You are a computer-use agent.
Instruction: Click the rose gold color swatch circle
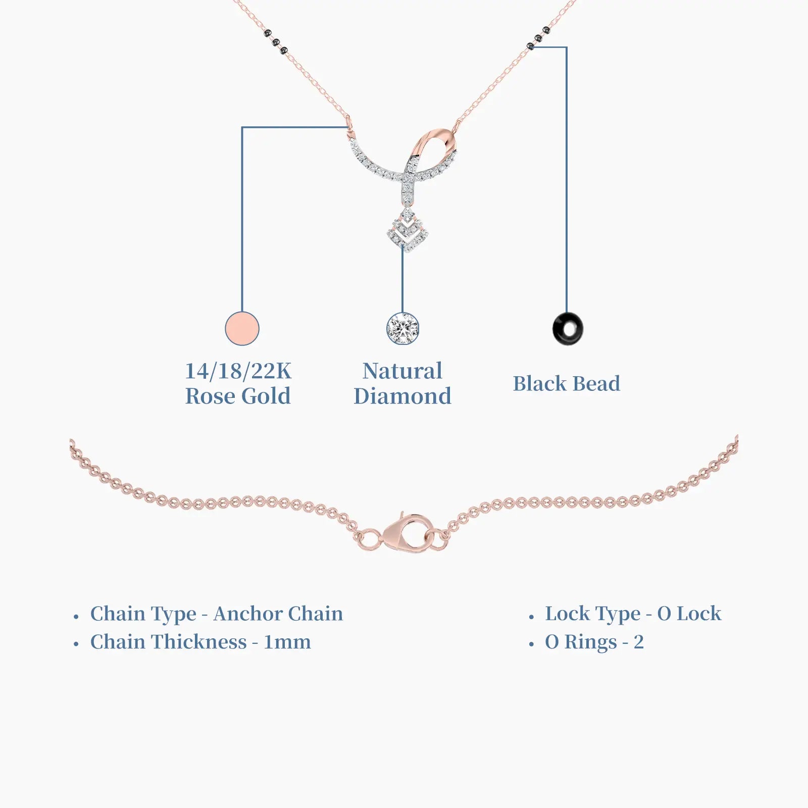click(x=242, y=329)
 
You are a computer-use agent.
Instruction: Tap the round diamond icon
click(x=402, y=329)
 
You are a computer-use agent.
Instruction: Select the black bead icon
click(x=568, y=329)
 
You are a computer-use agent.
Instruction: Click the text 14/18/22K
click(x=238, y=371)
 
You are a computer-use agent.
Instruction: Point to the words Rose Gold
click(x=238, y=396)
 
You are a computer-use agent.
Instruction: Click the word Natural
click(x=402, y=371)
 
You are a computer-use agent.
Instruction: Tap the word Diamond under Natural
click(x=402, y=396)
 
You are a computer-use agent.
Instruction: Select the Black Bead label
click(x=567, y=384)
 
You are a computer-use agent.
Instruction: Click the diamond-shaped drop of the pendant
click(x=408, y=230)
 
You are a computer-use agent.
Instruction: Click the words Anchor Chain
click(x=278, y=614)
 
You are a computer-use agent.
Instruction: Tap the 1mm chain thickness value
click(x=287, y=642)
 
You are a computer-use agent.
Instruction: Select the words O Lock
click(x=689, y=614)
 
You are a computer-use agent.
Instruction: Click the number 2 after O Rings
click(x=639, y=642)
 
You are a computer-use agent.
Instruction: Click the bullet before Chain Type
click(x=76, y=617)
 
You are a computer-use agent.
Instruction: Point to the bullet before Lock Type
click(x=531, y=617)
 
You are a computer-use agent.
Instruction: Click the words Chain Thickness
click(x=169, y=642)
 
